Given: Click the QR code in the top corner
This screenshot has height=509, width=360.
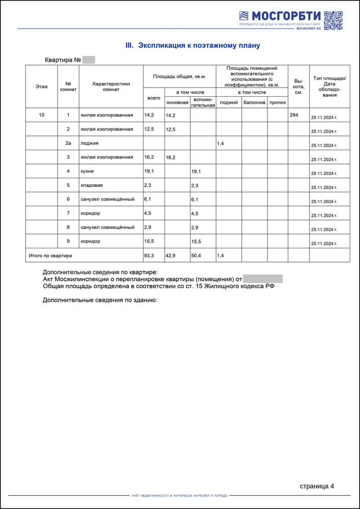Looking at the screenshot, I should tap(333, 20).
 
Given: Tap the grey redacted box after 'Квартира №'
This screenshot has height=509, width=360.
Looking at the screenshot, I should tap(89, 60).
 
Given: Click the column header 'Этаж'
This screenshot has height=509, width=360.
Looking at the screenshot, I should tap(42, 87).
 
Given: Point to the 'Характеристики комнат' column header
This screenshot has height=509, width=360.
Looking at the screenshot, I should tap(112, 87).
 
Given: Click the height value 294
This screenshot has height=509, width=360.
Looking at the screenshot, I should tap(294, 115).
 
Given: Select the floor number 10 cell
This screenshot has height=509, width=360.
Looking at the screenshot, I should tap(42, 115).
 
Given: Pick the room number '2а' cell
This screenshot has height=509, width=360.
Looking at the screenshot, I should tap(68, 143).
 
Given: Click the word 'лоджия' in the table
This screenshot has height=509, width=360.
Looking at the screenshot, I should tap(89, 143).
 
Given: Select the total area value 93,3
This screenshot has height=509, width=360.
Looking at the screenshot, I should tap(149, 255).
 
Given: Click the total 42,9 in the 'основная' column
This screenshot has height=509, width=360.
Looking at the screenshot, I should tap(170, 255).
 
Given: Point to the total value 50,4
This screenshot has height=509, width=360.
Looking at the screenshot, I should tap(196, 255).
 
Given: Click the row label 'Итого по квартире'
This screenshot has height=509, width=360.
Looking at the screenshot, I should tap(50, 255).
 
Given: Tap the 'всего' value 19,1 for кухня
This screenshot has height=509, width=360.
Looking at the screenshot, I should tap(149, 171).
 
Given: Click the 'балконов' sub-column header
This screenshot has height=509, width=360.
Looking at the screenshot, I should tap(254, 102).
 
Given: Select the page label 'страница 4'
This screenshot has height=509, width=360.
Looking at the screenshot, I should tap(317, 486).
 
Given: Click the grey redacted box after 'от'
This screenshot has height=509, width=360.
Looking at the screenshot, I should tap(263, 279).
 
